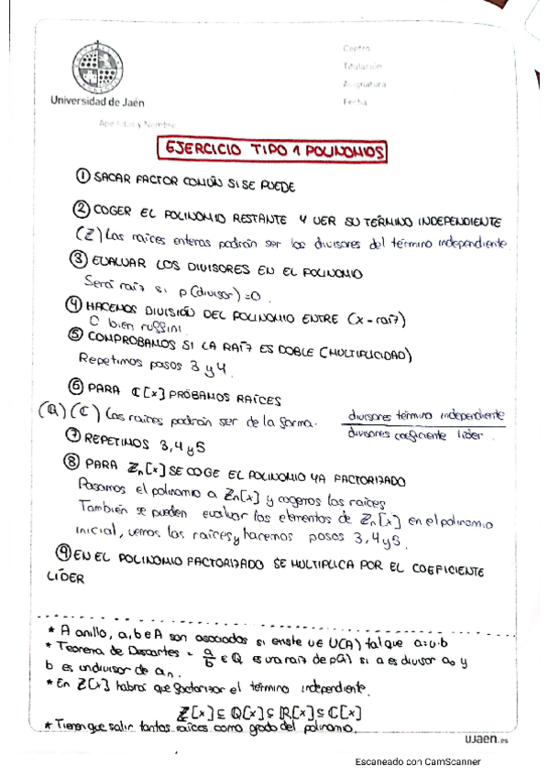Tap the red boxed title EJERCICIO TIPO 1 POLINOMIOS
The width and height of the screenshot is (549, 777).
pos(271,149)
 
